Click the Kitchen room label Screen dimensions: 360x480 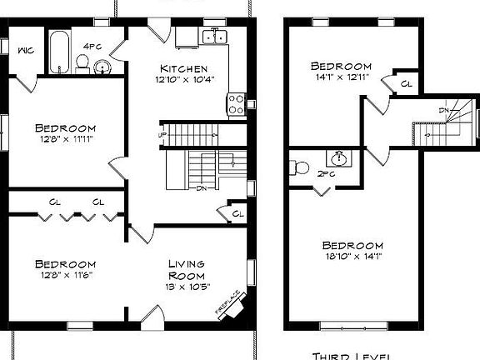coord(183,67)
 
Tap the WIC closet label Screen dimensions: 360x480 coord(25,49)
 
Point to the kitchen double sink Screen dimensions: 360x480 coord(215,36)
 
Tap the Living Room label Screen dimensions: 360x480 coord(187,269)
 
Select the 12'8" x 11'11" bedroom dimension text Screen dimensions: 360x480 coord(66,140)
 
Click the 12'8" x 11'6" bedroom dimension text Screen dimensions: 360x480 coord(65,275)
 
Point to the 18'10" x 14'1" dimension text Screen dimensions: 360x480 coord(352,257)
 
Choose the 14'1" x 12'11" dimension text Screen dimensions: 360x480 coord(340,77)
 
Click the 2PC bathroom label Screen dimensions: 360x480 coord(327,174)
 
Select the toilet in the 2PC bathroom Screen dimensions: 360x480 coord(300,167)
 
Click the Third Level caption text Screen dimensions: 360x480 coord(350,355)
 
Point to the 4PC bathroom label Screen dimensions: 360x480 coord(92,46)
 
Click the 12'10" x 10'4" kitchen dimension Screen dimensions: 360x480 coord(183,79)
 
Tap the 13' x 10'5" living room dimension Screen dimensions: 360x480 coord(187,287)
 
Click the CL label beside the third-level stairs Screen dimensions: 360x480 coord(406,83)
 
